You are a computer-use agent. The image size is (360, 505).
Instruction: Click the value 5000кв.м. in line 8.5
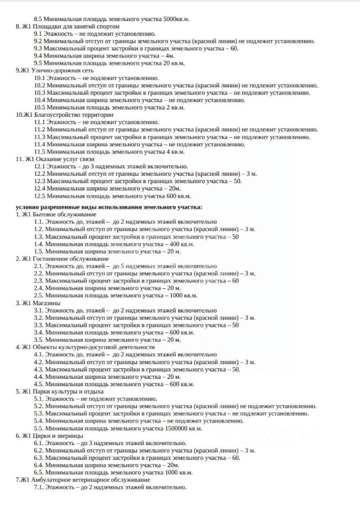coord(174,19)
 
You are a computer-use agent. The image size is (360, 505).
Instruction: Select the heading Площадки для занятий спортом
coord(76,26)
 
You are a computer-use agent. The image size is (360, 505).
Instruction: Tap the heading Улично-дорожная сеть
coord(62,70)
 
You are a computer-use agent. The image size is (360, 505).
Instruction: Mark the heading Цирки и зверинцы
coord(58,436)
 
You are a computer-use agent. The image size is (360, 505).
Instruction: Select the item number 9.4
coord(38,56)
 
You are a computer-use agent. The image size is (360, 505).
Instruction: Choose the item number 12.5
coord(39,196)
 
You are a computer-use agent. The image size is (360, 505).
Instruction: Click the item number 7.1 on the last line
coord(38,487)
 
